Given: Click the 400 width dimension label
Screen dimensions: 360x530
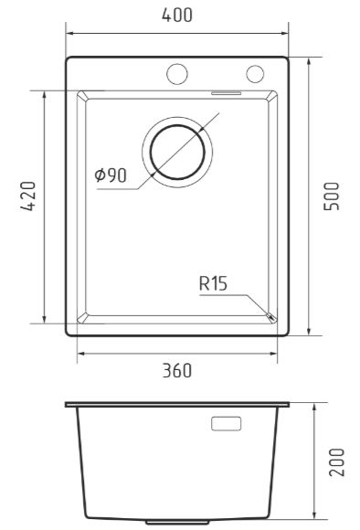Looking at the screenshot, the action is pyautogui.click(x=176, y=15).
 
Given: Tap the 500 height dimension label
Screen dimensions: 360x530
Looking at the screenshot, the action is pyautogui.click(x=332, y=196).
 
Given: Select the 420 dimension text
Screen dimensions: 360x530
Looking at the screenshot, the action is pyautogui.click(x=27, y=196).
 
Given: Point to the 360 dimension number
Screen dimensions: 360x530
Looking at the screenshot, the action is pyautogui.click(x=176, y=370).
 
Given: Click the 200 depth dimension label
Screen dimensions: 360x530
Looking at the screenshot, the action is pyautogui.click(x=336, y=462).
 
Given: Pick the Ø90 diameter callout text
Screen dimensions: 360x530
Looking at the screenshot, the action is pyautogui.click(x=111, y=175).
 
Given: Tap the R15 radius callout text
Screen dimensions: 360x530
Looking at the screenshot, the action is pyautogui.click(x=213, y=283).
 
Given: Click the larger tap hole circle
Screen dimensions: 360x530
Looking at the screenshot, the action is pyautogui.click(x=177, y=74).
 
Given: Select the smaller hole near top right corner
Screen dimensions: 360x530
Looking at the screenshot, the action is pyautogui.click(x=255, y=74).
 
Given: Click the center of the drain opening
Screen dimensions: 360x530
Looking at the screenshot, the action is pyautogui.click(x=177, y=152).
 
